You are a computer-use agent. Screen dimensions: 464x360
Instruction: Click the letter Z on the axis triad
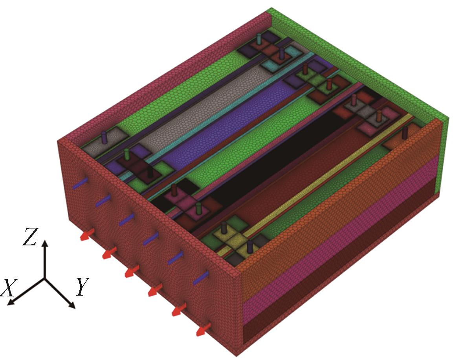click(30, 237)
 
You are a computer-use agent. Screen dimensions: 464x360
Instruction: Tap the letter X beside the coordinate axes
click(9, 287)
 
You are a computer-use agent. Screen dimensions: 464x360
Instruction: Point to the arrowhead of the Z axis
click(45, 243)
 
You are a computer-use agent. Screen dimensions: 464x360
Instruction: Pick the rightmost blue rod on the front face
click(201, 278)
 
